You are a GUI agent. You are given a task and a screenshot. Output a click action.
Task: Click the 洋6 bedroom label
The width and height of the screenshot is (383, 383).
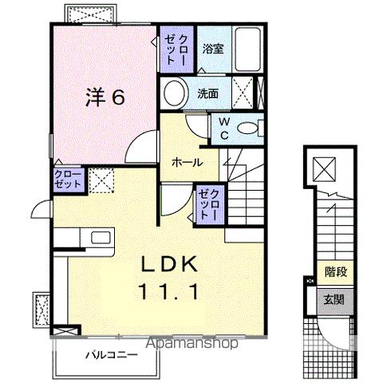coord(105,97)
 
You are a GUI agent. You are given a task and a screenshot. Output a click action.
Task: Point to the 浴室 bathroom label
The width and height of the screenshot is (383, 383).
coord(212,47)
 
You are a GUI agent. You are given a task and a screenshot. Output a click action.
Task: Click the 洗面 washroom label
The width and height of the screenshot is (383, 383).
coord(208,93)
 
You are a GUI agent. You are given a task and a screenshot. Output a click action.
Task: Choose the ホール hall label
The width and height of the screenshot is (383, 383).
coord(186,162)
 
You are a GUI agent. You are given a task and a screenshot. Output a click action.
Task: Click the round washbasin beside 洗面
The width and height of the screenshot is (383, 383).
coord(173,93)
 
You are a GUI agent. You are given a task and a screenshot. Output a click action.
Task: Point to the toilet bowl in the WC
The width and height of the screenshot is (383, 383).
coord(251,128)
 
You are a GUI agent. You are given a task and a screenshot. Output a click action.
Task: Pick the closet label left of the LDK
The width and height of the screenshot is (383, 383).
coord(69,180)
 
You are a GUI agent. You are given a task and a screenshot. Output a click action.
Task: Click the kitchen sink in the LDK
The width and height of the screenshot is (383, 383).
coord(102,237)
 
